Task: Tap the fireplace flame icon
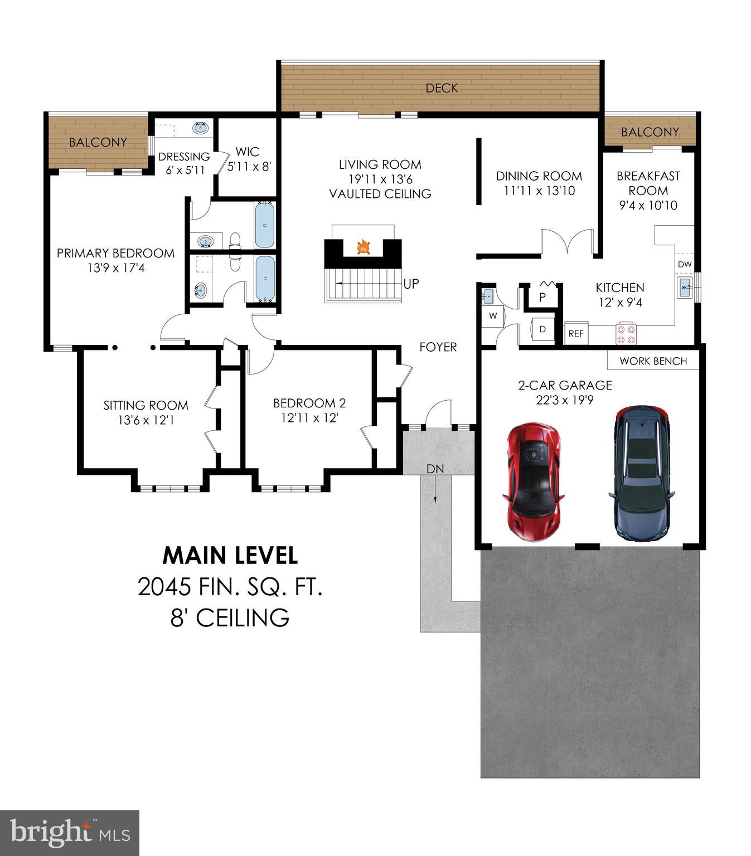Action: point(364,246)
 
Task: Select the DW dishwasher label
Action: point(685,264)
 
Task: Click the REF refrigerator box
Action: point(576,333)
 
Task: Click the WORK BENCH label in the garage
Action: point(653,361)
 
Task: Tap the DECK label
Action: point(442,88)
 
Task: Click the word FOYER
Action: point(438,347)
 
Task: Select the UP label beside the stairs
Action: point(411,284)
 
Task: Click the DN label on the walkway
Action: point(435,469)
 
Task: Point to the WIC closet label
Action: point(247,152)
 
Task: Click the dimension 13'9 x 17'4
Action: point(116,268)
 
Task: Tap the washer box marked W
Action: point(493,316)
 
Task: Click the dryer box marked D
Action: point(542,329)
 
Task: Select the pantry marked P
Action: point(542,297)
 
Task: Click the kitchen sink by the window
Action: point(685,288)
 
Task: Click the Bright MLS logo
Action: point(69,833)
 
